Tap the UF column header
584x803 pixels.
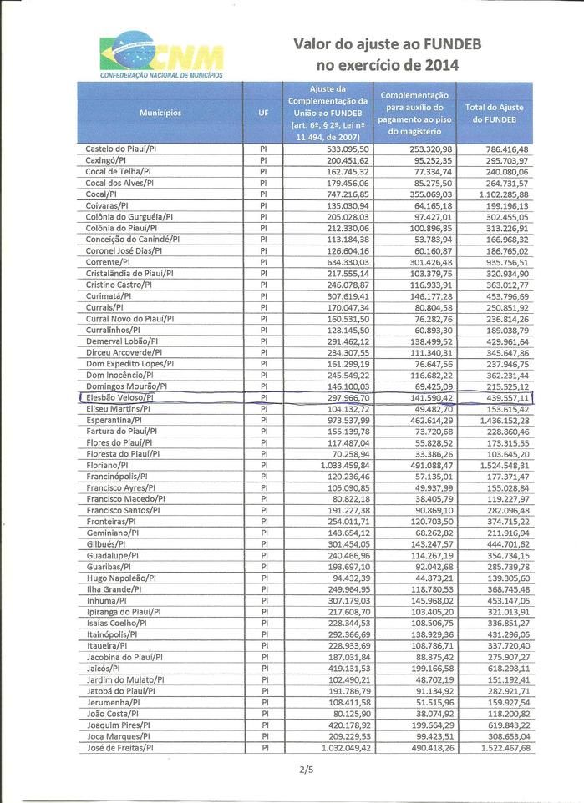click(262, 113)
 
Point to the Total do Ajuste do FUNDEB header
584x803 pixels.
click(493, 114)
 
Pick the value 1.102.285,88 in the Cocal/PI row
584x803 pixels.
click(500, 193)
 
